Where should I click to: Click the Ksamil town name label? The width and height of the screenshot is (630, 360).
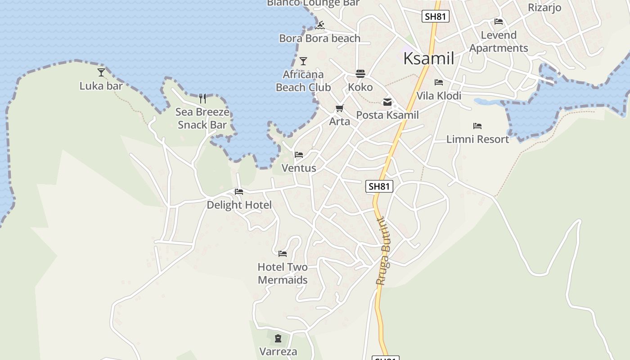(428, 58)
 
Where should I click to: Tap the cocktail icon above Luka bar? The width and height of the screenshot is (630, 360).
(101, 72)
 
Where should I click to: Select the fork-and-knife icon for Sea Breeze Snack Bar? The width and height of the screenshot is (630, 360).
(202, 98)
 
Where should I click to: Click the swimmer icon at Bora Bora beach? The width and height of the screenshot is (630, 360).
(320, 25)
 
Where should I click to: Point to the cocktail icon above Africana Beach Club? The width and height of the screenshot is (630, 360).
(303, 61)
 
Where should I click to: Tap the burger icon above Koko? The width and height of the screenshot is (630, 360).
(360, 73)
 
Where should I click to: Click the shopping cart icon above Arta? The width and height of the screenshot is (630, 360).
(339, 108)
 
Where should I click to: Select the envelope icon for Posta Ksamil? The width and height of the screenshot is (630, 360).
(387, 102)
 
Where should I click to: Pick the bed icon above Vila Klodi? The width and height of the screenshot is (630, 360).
(439, 82)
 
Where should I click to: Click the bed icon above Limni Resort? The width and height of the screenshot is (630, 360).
(477, 126)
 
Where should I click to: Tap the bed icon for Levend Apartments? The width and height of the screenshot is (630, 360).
(498, 21)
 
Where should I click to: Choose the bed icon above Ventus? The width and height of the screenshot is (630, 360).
(299, 155)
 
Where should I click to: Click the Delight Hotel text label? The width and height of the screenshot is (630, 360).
(239, 205)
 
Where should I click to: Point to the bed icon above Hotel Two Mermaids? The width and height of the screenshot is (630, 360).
(283, 254)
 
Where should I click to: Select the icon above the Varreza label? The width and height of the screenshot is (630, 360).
(278, 338)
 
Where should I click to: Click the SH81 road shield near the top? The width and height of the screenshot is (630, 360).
(436, 17)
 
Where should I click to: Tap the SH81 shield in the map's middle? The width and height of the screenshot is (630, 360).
(379, 186)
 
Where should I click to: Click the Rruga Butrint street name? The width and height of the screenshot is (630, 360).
(384, 251)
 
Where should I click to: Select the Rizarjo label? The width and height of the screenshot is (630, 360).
(544, 8)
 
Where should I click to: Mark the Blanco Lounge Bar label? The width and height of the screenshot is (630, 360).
(313, 3)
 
